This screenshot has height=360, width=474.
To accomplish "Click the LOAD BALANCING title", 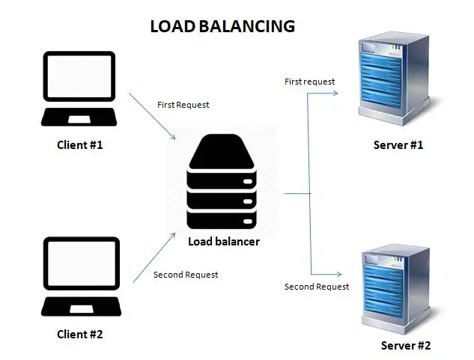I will pos(222,26).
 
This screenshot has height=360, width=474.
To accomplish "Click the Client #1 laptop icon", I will pos(80,90).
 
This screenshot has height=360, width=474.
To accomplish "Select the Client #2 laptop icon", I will pos(80,276).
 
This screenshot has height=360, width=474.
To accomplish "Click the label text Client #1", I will pos(80,144).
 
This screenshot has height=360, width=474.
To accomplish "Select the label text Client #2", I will pos(80,335).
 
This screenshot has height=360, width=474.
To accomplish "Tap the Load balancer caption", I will pos(223,241).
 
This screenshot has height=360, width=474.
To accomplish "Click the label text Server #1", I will pos(398,144).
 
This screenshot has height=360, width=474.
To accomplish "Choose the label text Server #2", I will pos(406,346).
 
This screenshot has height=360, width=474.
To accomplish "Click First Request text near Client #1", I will pos(183,105).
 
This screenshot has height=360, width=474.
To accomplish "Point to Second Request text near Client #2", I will pos(186,275).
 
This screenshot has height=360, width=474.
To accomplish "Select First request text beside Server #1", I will pos(310,81).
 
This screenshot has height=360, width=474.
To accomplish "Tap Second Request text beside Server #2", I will pos(317,287).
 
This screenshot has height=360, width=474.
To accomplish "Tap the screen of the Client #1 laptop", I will pos(80,79).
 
